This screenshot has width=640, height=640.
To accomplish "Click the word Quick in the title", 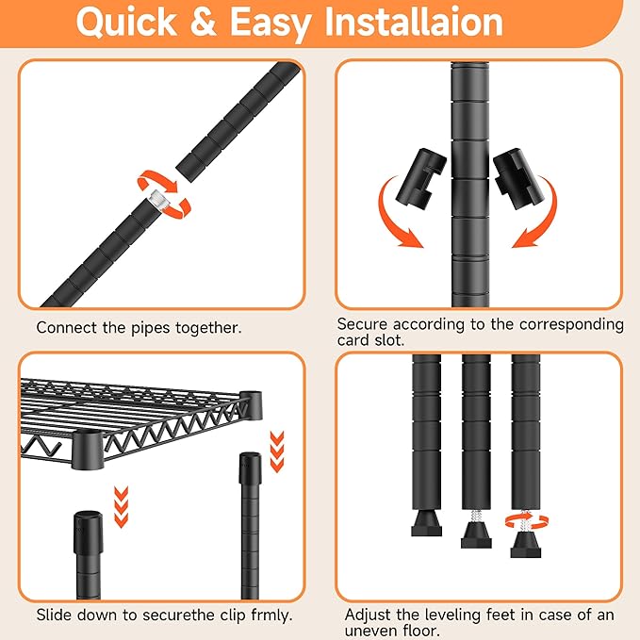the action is (x=126, y=23).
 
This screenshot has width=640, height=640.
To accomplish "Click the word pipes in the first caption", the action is (x=150, y=329).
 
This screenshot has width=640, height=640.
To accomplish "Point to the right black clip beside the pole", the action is (x=518, y=179).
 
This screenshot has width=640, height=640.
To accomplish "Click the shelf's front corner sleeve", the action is (x=88, y=450).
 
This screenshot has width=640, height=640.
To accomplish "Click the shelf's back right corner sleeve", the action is (x=251, y=405).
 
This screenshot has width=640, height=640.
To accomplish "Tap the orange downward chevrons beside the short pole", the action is (x=122, y=507).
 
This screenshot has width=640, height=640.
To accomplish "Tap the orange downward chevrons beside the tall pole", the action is (x=277, y=451).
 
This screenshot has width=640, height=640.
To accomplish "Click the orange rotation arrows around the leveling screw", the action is (x=527, y=521).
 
